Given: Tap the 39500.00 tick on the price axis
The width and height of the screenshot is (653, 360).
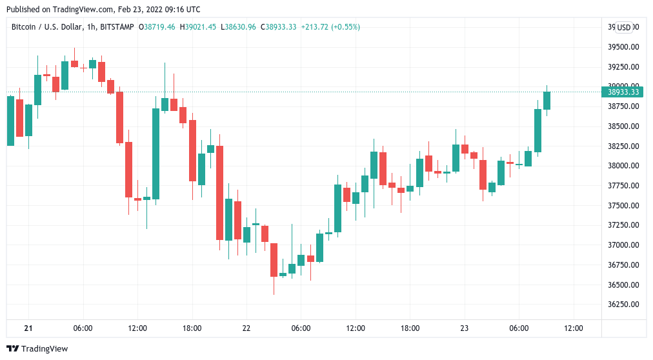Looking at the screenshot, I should pos(623,47).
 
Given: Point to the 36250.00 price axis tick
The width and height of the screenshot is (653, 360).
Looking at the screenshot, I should pos(623,305).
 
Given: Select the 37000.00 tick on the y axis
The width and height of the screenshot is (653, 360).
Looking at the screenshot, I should pos(623,245).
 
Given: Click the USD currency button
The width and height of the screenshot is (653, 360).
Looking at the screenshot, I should pos(623,28).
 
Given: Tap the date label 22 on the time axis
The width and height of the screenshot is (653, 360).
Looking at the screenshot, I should pos(246,328).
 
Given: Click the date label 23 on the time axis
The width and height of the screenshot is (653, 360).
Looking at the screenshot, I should pos(465,328).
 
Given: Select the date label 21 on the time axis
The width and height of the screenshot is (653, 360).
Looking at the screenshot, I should pos(28,328).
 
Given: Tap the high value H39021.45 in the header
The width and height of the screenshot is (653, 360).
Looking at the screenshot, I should pos(198,27).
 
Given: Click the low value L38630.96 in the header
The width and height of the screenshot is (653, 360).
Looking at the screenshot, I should pos(238,27).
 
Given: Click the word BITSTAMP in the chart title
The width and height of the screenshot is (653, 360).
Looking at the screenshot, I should pos(117,27).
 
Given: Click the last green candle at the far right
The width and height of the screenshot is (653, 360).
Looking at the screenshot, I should pos(547,100).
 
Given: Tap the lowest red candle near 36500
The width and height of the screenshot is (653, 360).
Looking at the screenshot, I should pos(274,259).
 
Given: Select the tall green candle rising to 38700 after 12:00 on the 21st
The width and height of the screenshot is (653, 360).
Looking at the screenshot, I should pos(156,154).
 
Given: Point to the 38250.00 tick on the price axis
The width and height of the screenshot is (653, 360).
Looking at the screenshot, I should pos(623,146).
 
